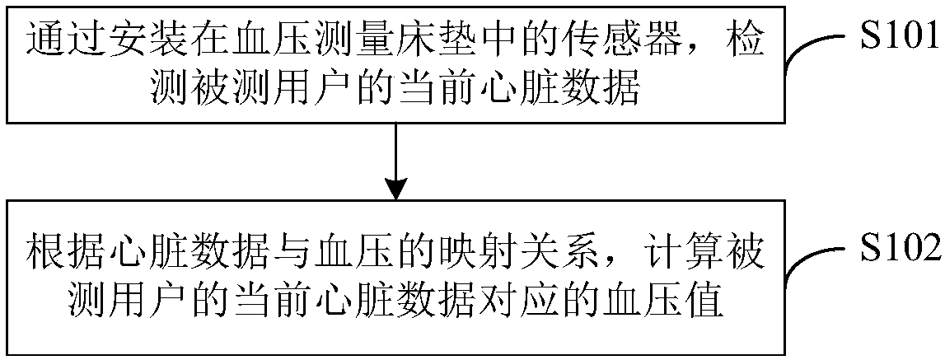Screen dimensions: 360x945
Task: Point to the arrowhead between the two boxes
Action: coord(396,187)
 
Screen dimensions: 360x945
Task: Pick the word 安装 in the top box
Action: coord(133,40)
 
